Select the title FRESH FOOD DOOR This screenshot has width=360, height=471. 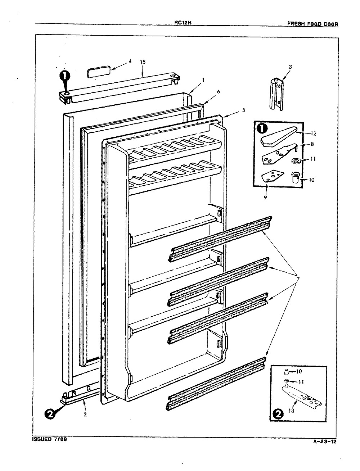tap(313, 24)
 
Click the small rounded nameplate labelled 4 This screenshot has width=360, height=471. tap(99, 72)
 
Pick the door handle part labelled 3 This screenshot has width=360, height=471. tap(276, 94)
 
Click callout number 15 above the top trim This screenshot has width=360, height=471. tap(143, 62)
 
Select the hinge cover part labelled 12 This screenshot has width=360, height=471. tap(279, 136)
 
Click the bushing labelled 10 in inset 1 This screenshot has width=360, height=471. tap(295, 177)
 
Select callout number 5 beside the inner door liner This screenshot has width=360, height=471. tap(243, 110)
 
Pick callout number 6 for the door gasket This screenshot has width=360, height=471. tap(218, 92)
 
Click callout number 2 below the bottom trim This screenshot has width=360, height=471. tap(85, 415)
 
